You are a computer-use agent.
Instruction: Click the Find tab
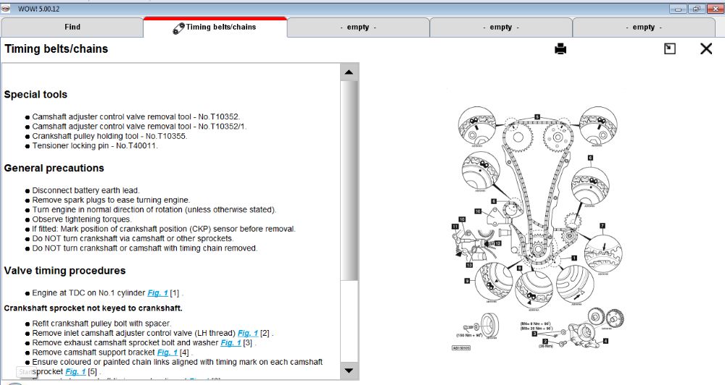point(72,27)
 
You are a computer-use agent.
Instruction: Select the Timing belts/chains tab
point(215,27)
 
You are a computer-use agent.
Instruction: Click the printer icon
point(560,49)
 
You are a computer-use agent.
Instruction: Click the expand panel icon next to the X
point(670,48)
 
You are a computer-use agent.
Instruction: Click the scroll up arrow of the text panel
point(349,72)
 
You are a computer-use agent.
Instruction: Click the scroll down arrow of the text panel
point(349,371)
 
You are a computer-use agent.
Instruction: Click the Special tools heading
point(36,94)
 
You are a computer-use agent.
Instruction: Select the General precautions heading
point(54,168)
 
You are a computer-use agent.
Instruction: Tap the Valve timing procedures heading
point(65,271)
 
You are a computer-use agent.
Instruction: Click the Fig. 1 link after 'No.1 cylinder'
point(157,293)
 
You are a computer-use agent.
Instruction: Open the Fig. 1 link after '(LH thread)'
point(248,333)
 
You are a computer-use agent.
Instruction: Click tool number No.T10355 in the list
point(167,135)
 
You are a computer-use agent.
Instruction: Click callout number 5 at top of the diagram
point(537,116)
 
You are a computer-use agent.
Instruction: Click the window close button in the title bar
point(713,9)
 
